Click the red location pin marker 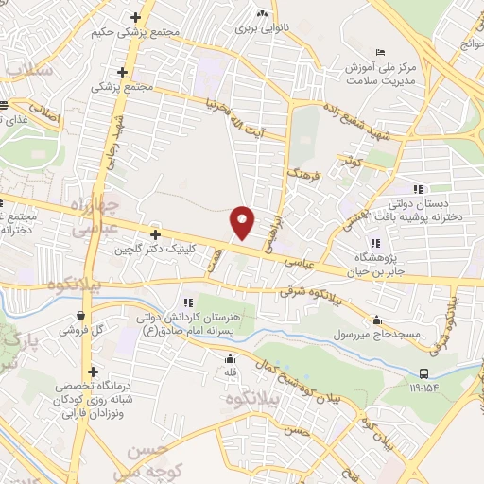pos(243,221)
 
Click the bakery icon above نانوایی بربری pos(264,15)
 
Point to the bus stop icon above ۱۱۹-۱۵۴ pos(424,372)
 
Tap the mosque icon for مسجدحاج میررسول pos(377,320)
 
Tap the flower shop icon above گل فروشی pos(82,316)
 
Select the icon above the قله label pos(230,358)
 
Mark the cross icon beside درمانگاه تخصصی pos(93,372)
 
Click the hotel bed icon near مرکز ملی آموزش pos(380,51)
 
